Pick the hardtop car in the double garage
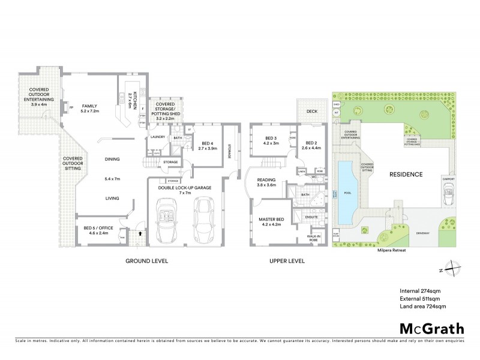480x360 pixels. pos(204,218)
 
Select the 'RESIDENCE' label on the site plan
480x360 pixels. pos(406,174)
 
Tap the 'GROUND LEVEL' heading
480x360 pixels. pos(146,261)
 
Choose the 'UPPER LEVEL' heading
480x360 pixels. pos(285,261)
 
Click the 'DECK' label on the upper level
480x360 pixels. pos(311,112)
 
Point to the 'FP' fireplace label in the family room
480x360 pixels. pos(71,108)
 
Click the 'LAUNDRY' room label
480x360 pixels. pos(157,137)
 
